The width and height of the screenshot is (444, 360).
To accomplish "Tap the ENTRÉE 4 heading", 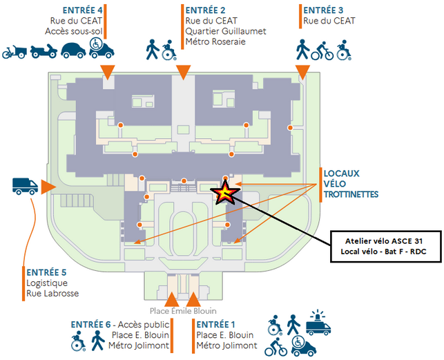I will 82,10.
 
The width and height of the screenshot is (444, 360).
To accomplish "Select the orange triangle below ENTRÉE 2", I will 183,73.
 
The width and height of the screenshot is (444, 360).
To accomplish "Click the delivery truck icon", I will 25,185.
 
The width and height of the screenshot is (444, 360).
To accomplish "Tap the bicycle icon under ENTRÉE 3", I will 322,50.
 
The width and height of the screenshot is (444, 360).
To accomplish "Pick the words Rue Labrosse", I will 52,294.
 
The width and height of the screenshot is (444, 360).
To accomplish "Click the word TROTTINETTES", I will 351,195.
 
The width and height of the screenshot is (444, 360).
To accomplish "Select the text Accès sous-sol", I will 74,31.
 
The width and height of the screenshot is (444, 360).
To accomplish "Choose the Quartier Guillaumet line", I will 225,31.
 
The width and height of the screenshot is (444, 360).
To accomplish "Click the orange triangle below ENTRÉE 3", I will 302,73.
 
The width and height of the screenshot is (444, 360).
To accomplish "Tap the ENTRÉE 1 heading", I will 216,324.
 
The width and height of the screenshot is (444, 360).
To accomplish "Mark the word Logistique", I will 46,283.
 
